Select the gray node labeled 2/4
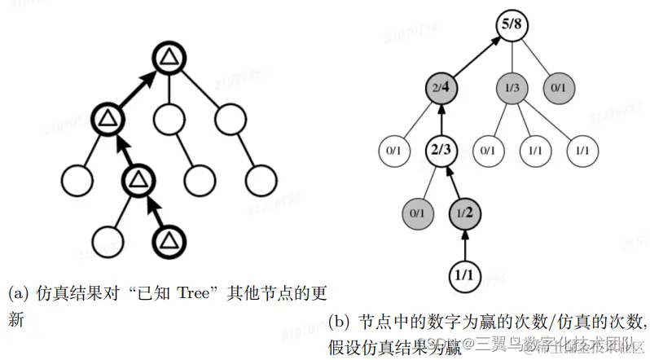[440, 85]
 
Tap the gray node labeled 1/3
[511, 85]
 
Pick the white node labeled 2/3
[440, 150]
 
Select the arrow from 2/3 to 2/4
[440, 117]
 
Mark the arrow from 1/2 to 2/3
[453, 181]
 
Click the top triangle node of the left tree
[167, 58]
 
